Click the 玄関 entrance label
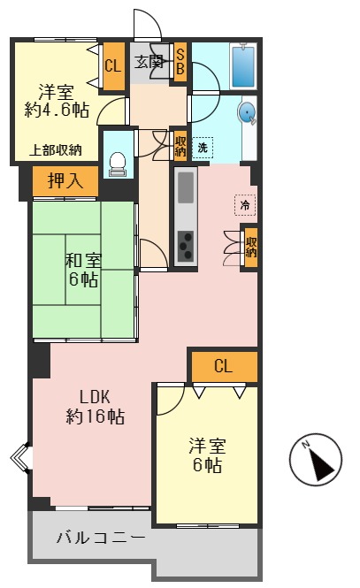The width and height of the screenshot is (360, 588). [x=149, y=62]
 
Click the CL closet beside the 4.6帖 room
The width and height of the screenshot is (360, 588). [x=112, y=65]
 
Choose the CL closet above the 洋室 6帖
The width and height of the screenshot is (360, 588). [x=223, y=366]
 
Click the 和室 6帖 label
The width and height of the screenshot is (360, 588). [x=84, y=270]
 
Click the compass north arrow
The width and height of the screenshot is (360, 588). [x=315, y=461]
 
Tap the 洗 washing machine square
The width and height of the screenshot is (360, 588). [x=203, y=147]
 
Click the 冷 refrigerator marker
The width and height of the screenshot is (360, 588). [x=244, y=204]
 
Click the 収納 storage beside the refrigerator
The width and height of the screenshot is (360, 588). [x=251, y=245]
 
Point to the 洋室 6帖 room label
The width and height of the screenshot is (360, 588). [x=204, y=454]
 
